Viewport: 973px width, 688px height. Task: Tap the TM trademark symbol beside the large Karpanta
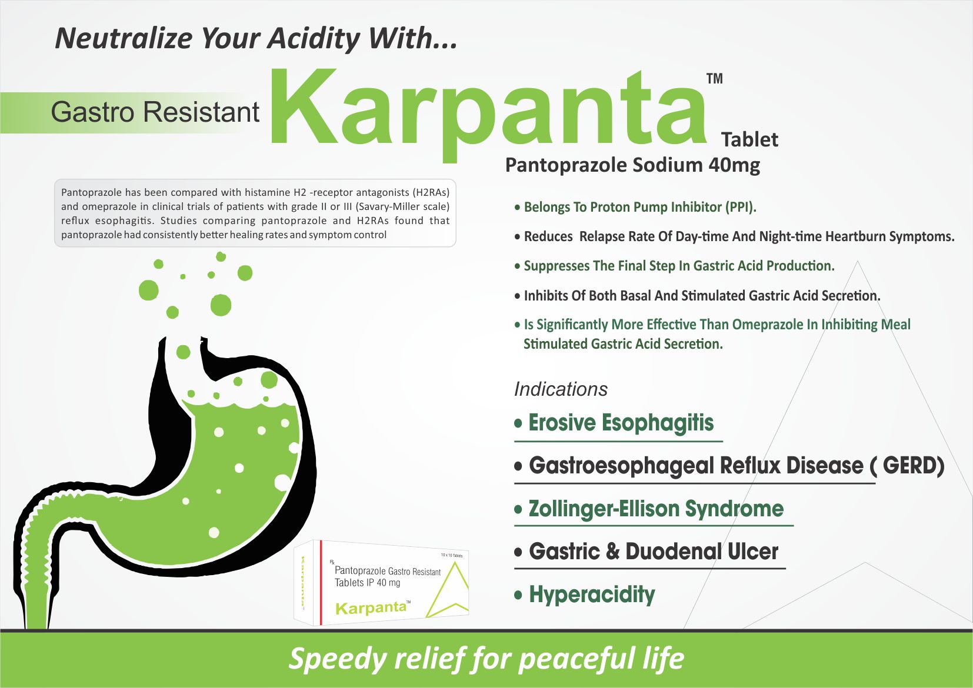pyautogui.click(x=715, y=79)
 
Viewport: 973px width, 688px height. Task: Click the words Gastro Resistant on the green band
pyautogui.click(x=155, y=112)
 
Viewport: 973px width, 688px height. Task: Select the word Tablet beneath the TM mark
pyautogui.click(x=749, y=140)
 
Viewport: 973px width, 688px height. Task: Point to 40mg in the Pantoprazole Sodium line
pyautogui.click(x=734, y=165)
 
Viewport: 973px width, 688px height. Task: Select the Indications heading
pyautogui.click(x=561, y=389)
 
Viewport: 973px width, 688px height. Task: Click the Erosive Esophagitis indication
pyautogui.click(x=621, y=422)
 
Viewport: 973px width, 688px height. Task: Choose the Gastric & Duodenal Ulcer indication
pyautogui.click(x=654, y=551)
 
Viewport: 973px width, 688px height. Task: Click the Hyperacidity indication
pyautogui.click(x=592, y=595)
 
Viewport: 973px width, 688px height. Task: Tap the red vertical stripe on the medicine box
pyautogui.click(x=321, y=583)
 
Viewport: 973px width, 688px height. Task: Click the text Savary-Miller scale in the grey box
pyautogui.click(x=402, y=206)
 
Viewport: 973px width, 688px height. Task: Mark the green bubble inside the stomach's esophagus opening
pyautogui.click(x=184, y=352)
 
